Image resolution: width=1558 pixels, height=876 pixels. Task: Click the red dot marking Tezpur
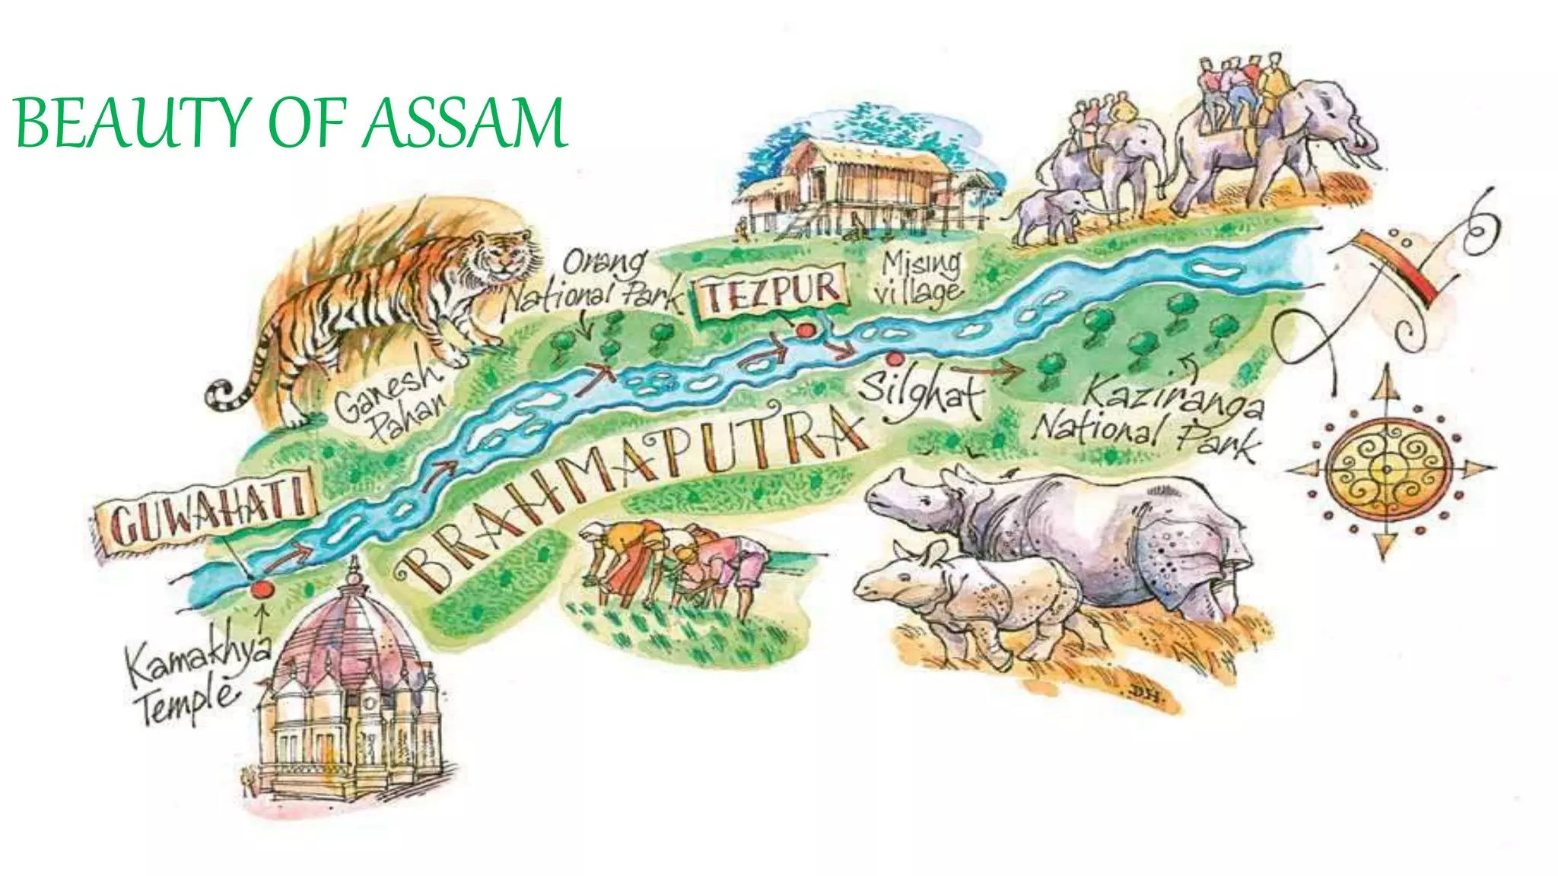tap(805, 331)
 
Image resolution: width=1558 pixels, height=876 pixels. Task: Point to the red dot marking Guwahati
tap(262, 589)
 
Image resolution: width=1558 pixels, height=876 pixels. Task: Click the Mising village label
tap(919, 277)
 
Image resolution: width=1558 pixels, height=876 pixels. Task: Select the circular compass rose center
tap(1387, 469)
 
